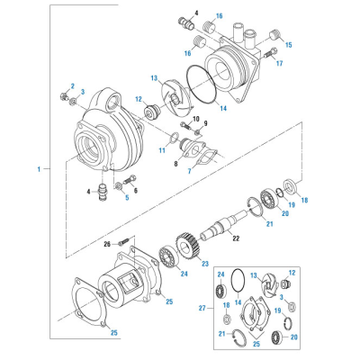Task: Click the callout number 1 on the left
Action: click(x=39, y=169)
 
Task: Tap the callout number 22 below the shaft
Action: click(x=237, y=238)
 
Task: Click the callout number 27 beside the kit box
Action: click(x=202, y=308)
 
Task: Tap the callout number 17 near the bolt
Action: click(x=279, y=64)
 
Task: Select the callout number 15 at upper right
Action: click(x=288, y=45)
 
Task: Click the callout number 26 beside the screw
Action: click(x=107, y=244)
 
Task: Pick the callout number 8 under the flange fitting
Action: click(x=175, y=164)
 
